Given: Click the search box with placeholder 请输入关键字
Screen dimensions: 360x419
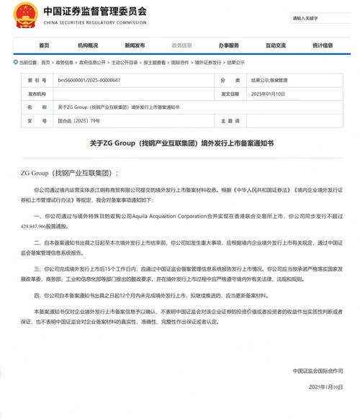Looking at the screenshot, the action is [x=314, y=17].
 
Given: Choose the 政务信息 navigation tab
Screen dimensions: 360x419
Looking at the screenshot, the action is [x=162, y=45].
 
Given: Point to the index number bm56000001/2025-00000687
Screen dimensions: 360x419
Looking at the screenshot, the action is [x=101, y=81].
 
